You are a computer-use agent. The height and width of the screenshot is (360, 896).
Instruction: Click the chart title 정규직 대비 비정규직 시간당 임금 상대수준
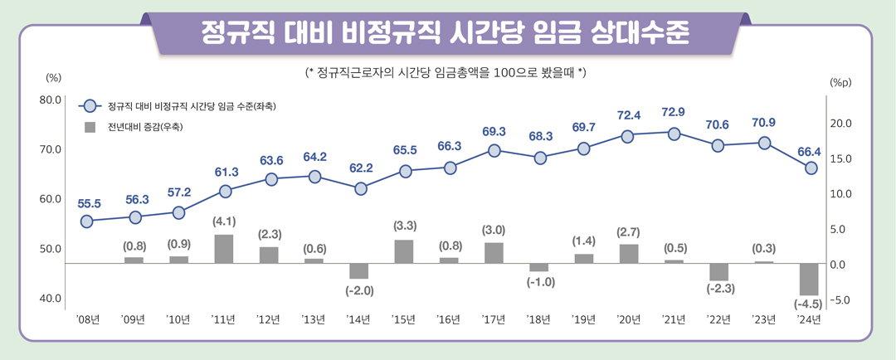(448, 33)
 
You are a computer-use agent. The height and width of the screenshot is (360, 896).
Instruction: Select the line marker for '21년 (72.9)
(674, 133)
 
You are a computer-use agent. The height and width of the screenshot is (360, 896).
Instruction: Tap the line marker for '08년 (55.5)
(87, 221)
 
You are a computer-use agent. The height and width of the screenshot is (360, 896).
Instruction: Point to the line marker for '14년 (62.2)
(360, 188)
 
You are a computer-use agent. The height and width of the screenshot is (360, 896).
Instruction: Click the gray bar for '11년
(223, 249)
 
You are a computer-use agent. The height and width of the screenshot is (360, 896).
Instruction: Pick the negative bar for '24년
(809, 279)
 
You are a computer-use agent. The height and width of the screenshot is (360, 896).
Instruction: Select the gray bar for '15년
(404, 251)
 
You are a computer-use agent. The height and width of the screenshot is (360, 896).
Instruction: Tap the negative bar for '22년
(718, 272)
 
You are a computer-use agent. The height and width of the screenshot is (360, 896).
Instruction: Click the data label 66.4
(808, 151)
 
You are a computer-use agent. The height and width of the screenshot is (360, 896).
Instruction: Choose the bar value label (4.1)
(224, 221)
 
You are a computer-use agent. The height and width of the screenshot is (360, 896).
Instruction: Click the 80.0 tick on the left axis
(51, 100)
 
